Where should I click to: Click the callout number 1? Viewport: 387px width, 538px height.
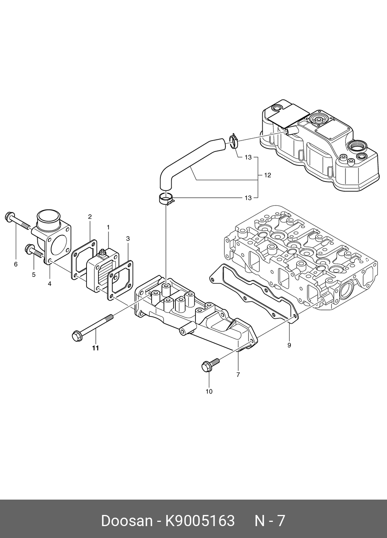[x=108, y=227]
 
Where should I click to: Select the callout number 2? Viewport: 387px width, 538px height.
[x=90, y=217]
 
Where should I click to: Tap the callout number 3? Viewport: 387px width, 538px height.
[x=128, y=238]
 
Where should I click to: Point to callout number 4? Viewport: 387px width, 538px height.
[x=50, y=284]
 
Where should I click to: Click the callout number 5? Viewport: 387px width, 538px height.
[x=33, y=275]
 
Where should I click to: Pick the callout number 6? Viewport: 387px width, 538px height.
[x=16, y=264]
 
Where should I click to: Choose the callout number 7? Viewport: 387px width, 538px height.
[x=238, y=374]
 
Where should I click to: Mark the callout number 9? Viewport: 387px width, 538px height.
[x=289, y=345]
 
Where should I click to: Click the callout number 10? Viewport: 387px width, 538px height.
[x=209, y=392]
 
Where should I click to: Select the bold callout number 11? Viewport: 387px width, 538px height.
[x=95, y=348]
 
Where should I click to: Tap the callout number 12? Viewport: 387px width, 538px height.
[x=268, y=175]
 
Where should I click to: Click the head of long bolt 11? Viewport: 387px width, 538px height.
[x=76, y=336]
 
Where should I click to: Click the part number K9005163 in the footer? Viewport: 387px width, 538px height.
[x=200, y=521]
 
